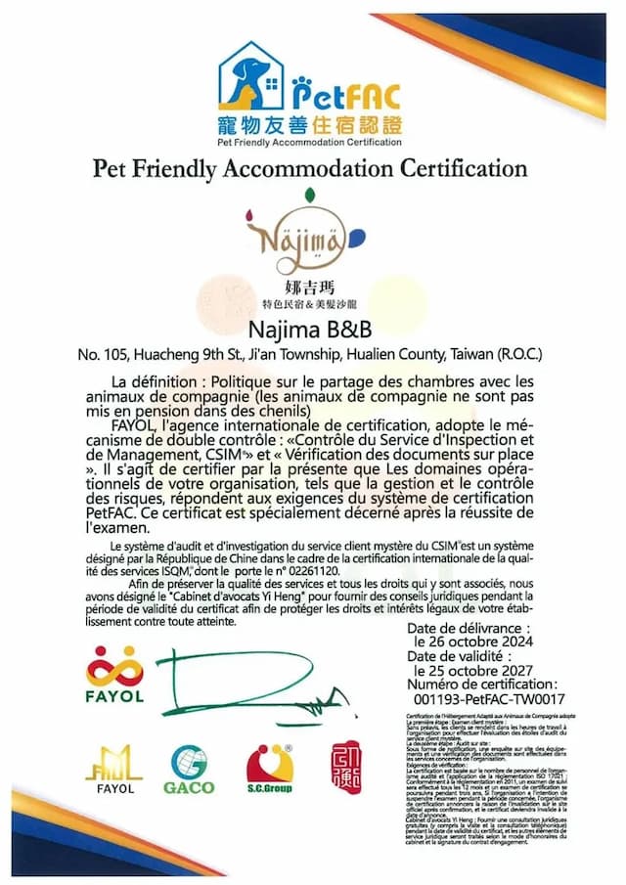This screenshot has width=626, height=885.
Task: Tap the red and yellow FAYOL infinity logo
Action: click(x=114, y=667)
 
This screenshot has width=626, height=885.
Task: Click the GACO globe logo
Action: click(x=189, y=769)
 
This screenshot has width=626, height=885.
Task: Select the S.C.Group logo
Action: click(x=269, y=769)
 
